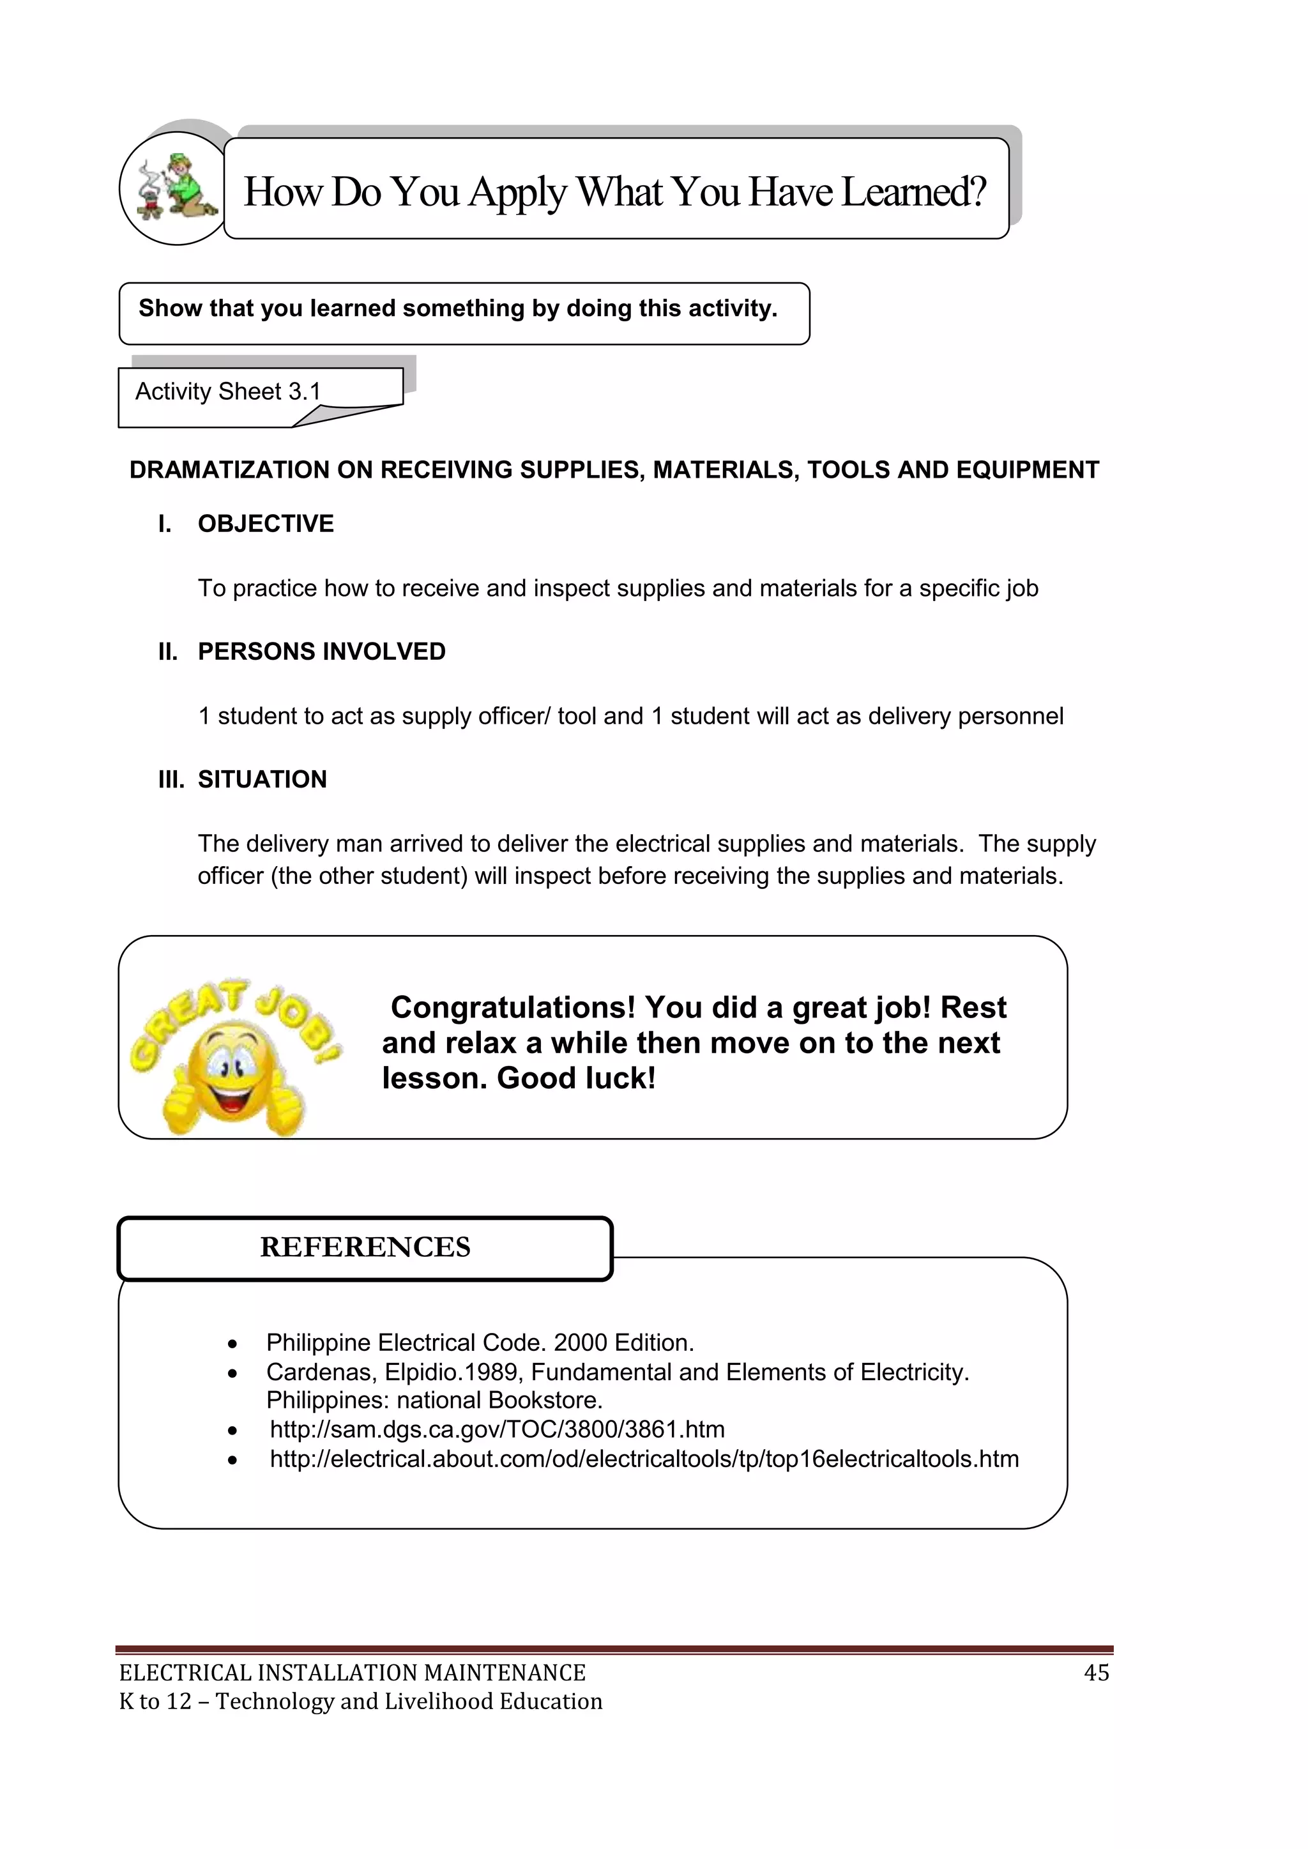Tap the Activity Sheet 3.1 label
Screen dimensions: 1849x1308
pos(228,392)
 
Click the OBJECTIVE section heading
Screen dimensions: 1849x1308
pos(265,524)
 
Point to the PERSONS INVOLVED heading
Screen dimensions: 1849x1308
pos(321,651)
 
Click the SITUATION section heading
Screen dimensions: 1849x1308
pos(262,780)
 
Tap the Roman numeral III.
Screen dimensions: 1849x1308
pos(171,780)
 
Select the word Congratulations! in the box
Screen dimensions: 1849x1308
pos(513,1007)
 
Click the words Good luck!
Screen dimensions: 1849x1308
pos(576,1078)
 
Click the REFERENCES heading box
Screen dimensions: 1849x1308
pos(365,1247)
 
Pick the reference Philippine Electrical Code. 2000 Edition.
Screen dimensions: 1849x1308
pos(480,1343)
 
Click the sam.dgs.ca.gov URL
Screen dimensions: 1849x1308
pos(497,1429)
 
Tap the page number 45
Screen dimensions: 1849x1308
pos(1096,1673)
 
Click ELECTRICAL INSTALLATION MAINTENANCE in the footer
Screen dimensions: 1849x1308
pos(352,1673)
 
